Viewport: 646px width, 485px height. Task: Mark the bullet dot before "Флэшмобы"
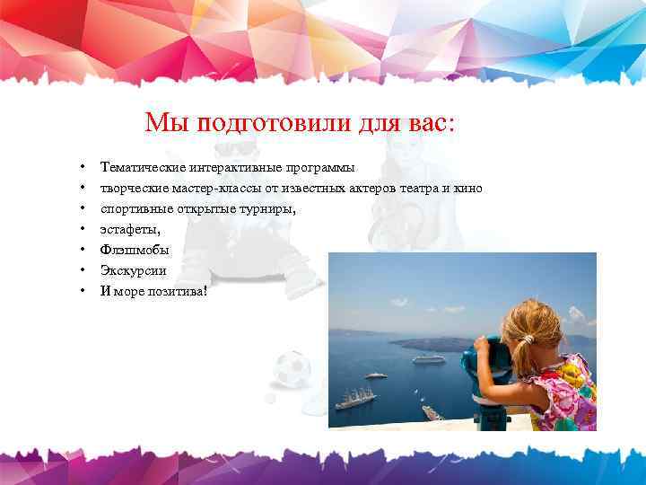82,250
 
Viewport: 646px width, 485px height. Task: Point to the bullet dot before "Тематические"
82,167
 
